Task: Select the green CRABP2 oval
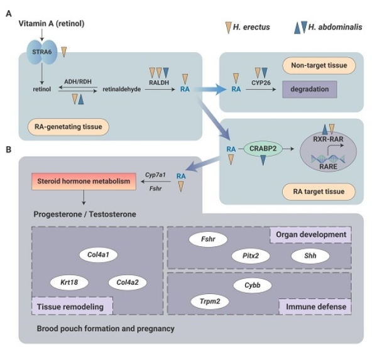pyautogui.click(x=262, y=149)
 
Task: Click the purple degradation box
pyautogui.click(x=310, y=89)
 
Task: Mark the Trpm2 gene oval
pyautogui.click(x=209, y=302)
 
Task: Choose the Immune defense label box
pyautogui.click(x=314, y=307)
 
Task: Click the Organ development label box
pyautogui.click(x=310, y=235)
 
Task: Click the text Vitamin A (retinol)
pyautogui.click(x=52, y=23)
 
